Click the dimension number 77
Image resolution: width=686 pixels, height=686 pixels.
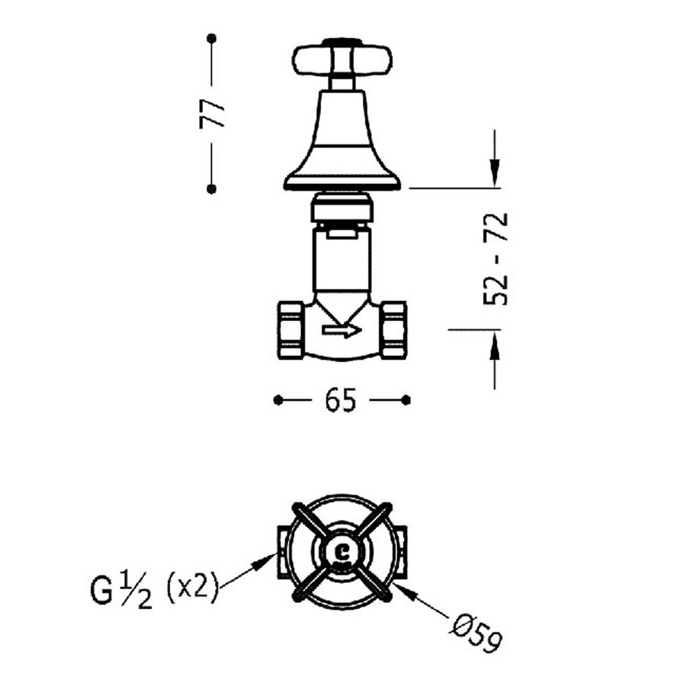(212, 114)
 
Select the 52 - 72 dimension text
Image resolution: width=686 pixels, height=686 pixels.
(495, 258)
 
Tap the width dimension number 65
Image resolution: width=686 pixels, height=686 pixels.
(341, 400)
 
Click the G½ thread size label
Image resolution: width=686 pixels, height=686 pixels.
(121, 591)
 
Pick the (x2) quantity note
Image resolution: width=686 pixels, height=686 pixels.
(193, 588)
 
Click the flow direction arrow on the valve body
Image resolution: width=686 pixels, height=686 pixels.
(341, 330)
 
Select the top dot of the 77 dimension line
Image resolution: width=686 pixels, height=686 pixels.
(212, 38)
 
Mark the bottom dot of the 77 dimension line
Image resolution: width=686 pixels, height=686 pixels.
(212, 189)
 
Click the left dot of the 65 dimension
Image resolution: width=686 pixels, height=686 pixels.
(278, 400)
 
